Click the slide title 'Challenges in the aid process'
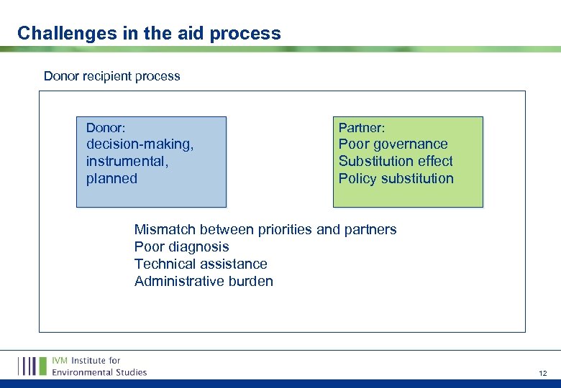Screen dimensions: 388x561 click(149, 33)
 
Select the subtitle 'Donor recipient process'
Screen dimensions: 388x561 click(111, 76)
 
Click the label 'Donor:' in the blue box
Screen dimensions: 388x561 click(106, 128)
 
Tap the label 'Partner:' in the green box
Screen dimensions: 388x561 click(362, 128)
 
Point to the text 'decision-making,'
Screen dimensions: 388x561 click(140, 144)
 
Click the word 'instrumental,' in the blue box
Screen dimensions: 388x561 click(127, 162)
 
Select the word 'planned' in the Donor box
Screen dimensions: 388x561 click(111, 179)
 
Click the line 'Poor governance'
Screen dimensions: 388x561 click(393, 144)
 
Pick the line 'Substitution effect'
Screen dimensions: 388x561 click(396, 162)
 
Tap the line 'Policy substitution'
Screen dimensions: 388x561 click(396, 179)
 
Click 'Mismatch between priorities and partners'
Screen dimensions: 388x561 click(265, 230)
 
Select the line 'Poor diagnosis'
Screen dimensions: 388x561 click(181, 247)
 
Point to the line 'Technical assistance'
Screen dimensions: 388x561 click(201, 264)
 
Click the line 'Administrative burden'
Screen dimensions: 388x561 click(204, 282)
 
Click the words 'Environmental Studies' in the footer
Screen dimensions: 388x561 click(99, 372)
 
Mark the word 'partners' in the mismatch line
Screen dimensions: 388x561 click(370, 230)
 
